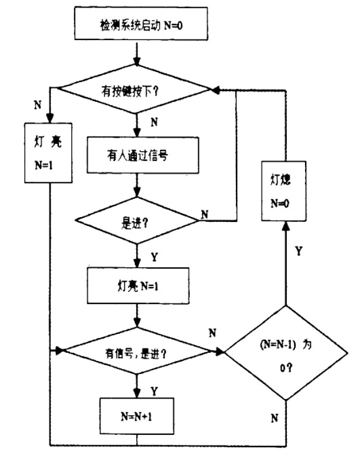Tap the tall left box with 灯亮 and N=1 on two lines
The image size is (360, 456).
tap(49, 153)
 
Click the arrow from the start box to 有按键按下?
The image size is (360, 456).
tap(137, 53)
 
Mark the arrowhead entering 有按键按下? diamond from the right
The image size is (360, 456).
tap(215, 89)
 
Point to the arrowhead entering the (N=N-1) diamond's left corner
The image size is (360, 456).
tap(220, 352)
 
